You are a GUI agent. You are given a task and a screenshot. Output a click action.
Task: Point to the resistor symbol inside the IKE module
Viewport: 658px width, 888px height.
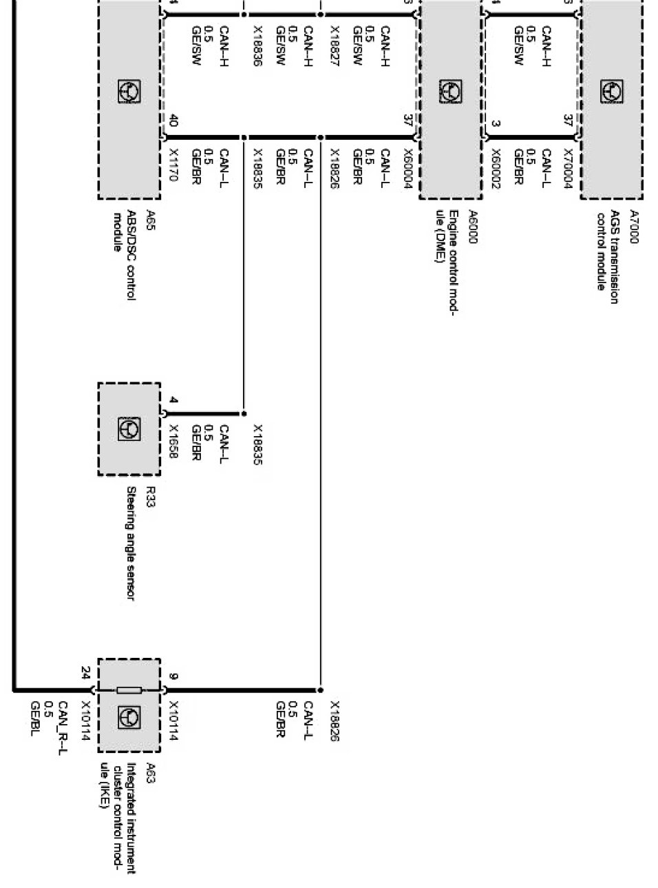point(129,690)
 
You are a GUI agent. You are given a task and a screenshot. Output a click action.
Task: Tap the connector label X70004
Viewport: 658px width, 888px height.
point(569,166)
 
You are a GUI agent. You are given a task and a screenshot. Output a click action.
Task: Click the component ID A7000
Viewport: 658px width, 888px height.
point(634,227)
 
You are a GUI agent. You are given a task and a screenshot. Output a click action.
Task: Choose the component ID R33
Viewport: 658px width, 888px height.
point(150,496)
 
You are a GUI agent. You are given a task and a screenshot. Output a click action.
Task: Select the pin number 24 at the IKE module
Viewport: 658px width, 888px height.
point(85,672)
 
